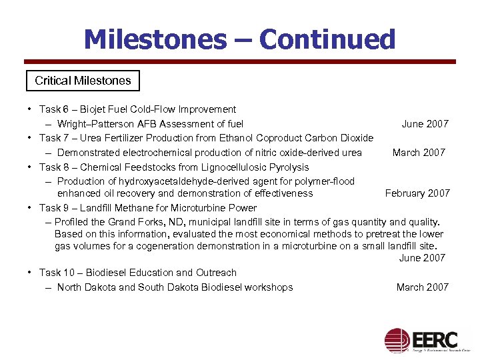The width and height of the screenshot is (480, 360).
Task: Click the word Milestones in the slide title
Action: coord(155,40)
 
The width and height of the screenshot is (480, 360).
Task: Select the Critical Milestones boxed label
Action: coord(83,81)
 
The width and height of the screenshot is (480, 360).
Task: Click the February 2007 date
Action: coord(417,193)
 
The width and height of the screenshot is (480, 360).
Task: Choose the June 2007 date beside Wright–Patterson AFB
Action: coord(425,124)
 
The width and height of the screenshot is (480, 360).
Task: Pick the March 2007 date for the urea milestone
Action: coord(419,153)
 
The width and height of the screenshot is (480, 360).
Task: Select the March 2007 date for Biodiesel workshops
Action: coord(423,287)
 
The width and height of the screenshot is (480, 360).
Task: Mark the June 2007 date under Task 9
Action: coord(422,258)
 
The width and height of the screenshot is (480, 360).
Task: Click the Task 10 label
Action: coord(53,273)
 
